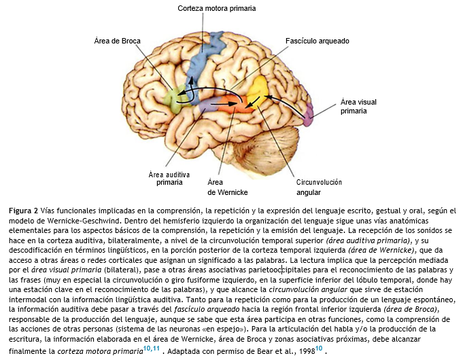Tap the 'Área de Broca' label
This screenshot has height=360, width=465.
click(x=117, y=41)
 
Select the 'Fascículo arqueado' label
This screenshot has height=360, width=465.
click(x=317, y=41)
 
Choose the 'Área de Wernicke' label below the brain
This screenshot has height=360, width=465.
click(x=225, y=186)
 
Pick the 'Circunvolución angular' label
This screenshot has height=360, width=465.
click(x=319, y=187)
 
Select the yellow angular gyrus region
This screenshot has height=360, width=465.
click(x=259, y=89)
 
